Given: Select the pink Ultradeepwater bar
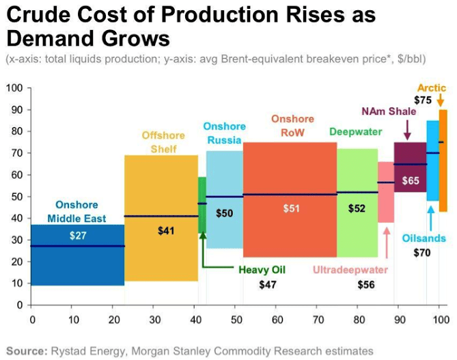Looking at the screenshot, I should click(386, 205).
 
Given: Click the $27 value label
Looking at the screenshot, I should click(78, 236).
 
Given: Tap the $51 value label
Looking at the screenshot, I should click(292, 208).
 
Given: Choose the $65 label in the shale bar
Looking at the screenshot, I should click(411, 181).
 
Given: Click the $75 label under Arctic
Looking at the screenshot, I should click(423, 100).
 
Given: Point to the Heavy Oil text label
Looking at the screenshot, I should click(262, 270).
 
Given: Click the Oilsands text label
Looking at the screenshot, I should click(424, 238).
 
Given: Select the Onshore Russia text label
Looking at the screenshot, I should click(224, 133).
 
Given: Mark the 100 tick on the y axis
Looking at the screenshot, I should click(14, 88).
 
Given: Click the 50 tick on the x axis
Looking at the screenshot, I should click(236, 319).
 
